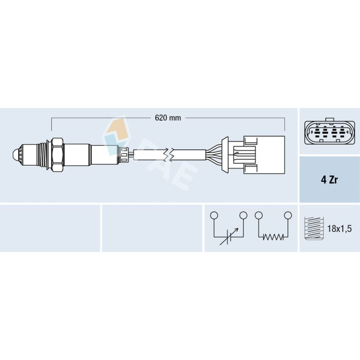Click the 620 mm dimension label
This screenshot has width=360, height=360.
point(168,118)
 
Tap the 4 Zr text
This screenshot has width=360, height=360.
point(329,180)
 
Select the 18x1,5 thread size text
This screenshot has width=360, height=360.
point(339,229)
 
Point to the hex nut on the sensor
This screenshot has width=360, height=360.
point(57,155)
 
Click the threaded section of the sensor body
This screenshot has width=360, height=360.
point(41,155)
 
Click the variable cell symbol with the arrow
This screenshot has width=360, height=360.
point(229,237)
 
